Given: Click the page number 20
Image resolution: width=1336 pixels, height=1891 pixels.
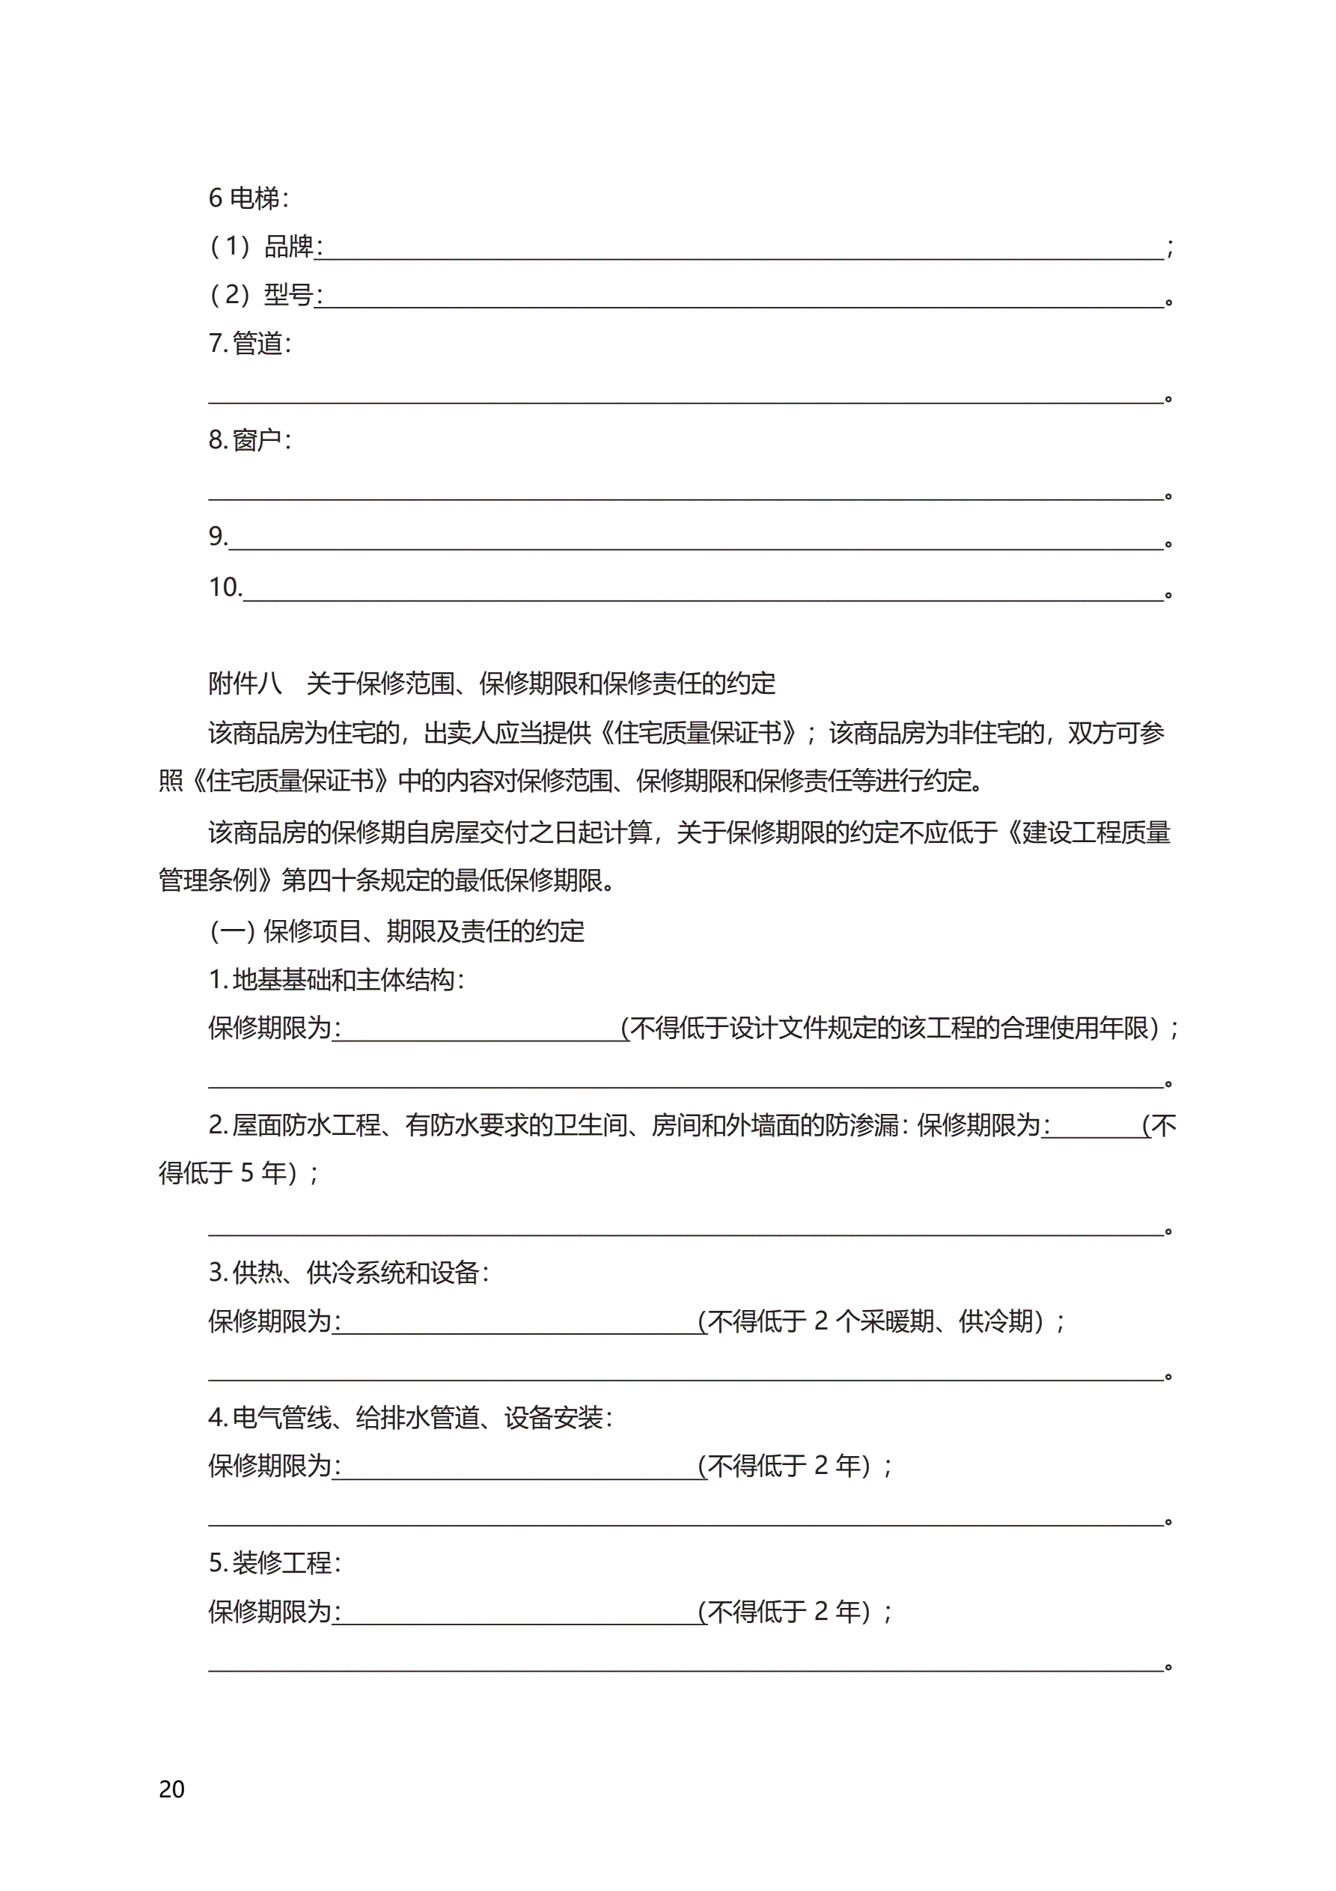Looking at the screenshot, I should [171, 1788].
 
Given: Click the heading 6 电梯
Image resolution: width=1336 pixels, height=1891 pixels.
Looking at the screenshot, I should [248, 198].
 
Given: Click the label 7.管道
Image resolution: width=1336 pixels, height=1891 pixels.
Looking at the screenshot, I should [248, 344].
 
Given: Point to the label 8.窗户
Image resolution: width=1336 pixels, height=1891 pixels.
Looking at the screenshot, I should [248, 439].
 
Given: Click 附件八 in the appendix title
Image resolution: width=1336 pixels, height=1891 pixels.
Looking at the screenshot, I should [245, 683].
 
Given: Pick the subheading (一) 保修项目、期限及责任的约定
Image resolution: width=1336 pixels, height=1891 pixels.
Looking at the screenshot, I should [397, 931].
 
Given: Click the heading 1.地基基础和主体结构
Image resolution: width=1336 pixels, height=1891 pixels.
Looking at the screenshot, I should [336, 979].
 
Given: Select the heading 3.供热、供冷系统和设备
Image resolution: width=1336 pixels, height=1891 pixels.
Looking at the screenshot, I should [349, 1273].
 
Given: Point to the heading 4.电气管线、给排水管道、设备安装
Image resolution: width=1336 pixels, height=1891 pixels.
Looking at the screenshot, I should [410, 1417].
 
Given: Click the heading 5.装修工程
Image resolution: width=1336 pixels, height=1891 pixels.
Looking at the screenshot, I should [274, 1562].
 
